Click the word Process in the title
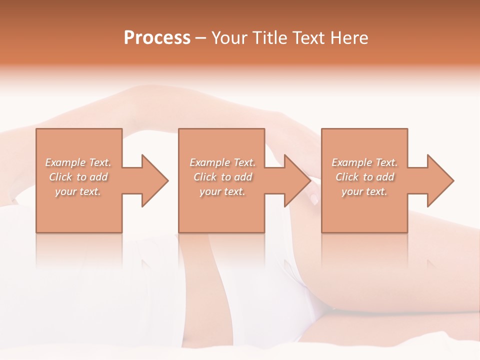157,38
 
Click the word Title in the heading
270,38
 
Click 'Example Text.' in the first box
78,162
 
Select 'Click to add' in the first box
78,177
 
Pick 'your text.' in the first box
78,191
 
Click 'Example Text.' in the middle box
222,162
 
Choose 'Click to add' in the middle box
222,177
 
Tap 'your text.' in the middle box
222,191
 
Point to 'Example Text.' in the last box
364,162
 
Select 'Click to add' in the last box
364,177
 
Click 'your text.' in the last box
364,191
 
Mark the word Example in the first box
65,162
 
